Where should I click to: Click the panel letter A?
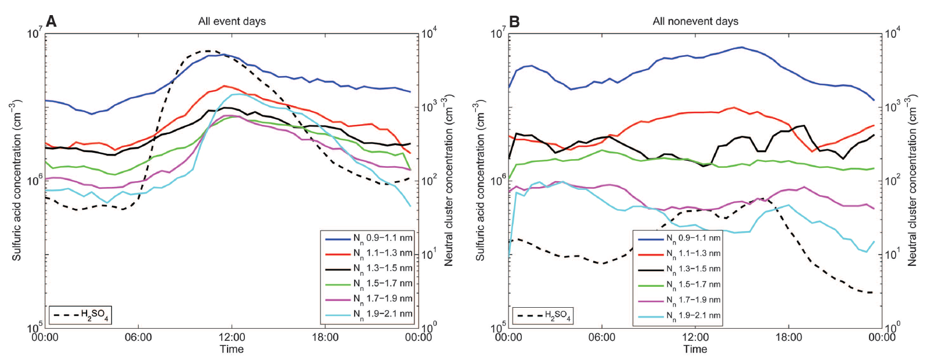(x=51, y=21)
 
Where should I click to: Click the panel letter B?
(x=514, y=21)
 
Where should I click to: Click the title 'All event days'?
(x=232, y=21)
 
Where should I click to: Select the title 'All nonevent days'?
(x=695, y=21)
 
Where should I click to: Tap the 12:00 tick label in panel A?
(x=232, y=337)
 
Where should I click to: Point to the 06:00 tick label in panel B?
(x=602, y=337)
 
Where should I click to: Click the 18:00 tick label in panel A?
(x=325, y=337)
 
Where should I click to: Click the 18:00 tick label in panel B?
(x=788, y=337)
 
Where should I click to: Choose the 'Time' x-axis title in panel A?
(x=232, y=349)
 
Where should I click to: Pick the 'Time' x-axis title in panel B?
(x=695, y=349)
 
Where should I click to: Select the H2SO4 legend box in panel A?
(x=80, y=315)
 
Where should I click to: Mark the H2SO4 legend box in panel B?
(x=543, y=315)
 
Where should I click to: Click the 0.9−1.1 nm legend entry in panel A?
(x=369, y=238)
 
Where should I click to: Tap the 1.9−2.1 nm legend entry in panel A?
(x=369, y=314)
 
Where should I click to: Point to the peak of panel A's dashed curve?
(x=208, y=51)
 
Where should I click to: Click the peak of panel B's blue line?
(x=741, y=47)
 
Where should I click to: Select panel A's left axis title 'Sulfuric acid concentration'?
(x=16, y=180)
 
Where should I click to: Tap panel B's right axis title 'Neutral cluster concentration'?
(x=912, y=180)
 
